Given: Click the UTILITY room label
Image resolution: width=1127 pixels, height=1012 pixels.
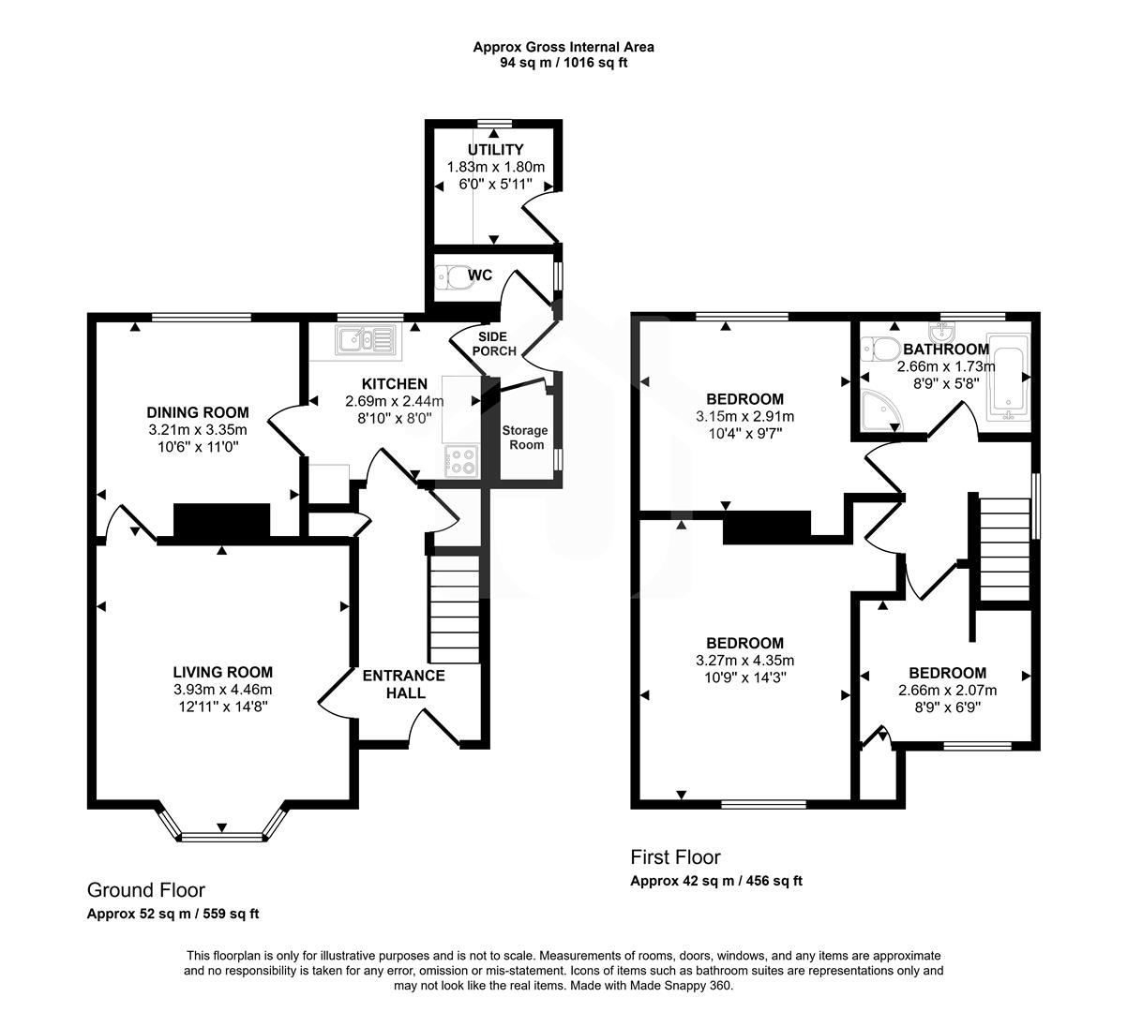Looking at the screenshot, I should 495,150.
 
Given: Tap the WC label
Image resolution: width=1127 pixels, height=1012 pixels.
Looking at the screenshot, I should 480,275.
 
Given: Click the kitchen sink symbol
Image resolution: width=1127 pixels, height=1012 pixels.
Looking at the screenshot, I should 357,340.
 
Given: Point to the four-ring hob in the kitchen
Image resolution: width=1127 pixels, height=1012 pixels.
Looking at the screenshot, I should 459,460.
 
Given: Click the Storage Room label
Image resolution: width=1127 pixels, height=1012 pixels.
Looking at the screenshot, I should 524,438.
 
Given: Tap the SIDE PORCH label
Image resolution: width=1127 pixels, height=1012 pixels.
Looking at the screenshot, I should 493,344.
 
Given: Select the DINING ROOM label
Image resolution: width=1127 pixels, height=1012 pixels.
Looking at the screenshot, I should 198,412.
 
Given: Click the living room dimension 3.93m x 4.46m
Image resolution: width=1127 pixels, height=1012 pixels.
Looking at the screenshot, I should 222,689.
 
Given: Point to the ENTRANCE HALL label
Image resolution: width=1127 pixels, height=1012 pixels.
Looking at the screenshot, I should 403,684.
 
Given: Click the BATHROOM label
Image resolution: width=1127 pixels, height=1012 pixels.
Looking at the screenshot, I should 945,350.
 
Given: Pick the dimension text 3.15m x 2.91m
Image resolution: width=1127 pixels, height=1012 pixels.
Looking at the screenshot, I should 744,416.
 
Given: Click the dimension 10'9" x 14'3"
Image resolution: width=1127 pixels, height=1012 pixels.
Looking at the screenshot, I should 744,677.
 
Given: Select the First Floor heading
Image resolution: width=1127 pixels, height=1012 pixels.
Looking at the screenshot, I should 675,856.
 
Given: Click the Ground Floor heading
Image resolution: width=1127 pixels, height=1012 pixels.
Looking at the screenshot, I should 145,890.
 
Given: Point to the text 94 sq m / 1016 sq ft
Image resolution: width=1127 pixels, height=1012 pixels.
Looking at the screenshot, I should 563,63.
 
